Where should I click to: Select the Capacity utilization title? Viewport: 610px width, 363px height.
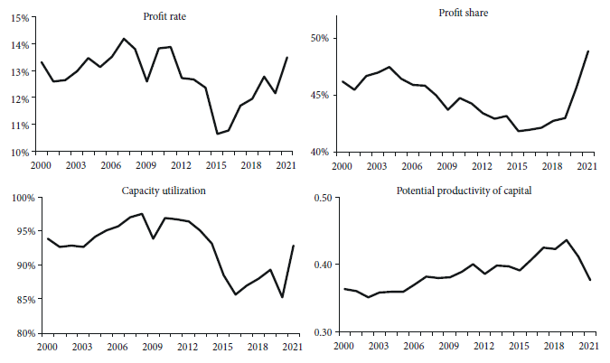point(164,191)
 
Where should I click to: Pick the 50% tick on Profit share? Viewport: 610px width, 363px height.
point(323,39)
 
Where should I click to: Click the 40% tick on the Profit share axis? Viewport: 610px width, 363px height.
point(323,152)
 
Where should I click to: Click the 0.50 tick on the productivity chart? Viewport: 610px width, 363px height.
point(322,198)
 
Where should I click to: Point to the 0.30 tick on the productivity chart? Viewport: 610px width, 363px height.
point(322,333)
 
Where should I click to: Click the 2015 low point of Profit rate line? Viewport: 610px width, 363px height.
point(217,134)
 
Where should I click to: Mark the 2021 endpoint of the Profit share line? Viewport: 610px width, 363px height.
point(588,51)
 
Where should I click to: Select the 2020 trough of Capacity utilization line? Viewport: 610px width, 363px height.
point(282,297)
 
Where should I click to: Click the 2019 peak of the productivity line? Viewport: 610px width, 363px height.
point(566,240)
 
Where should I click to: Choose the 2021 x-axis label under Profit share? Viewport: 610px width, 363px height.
point(588,167)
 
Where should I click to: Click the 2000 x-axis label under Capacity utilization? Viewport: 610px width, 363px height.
point(48,348)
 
